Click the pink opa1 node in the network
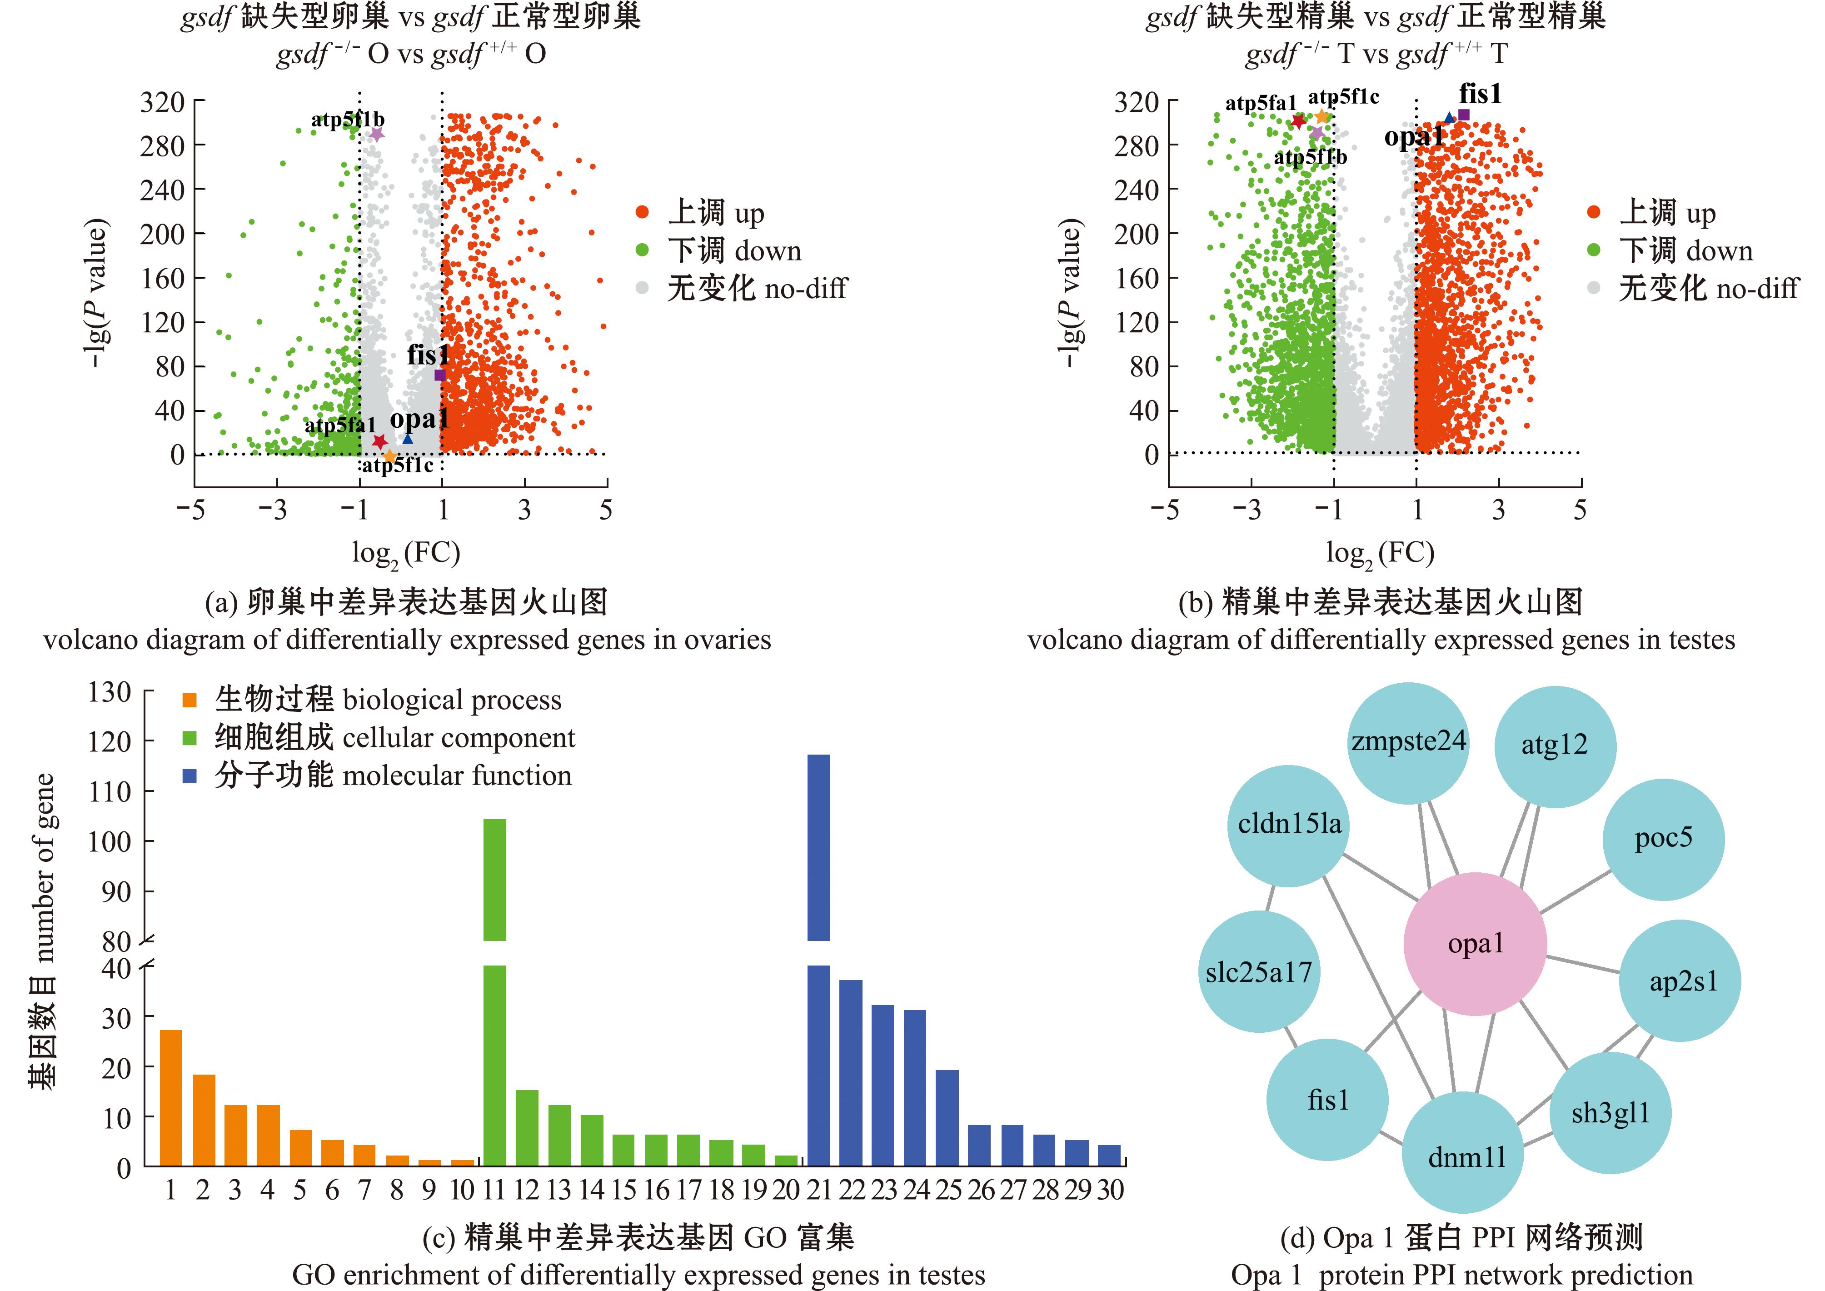[x=1475, y=944]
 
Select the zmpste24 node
[x=1408, y=742]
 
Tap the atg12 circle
[x=1555, y=746]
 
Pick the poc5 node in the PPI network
[x=1663, y=839]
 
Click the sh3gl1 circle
[x=1611, y=1112]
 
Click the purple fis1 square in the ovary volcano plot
[x=439, y=375]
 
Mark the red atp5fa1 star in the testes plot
[x=1299, y=121]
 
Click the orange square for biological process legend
[x=189, y=701]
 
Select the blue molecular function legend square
[x=189, y=776]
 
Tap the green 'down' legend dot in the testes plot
[x=1593, y=250]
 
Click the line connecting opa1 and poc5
[x=1576, y=891]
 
